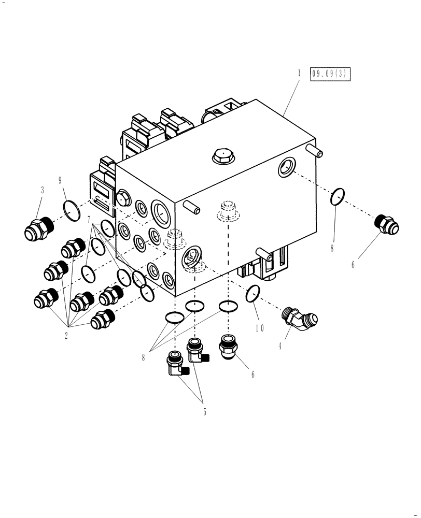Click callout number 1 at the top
[x=299, y=74]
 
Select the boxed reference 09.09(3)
[x=330, y=75]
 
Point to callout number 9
[x=61, y=180]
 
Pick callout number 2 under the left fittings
[x=66, y=335]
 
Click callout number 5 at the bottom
[x=204, y=412]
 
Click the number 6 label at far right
[x=353, y=265]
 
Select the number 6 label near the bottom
[x=252, y=374]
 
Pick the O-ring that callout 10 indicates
[x=252, y=294]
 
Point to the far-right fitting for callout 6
[x=386, y=224]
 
